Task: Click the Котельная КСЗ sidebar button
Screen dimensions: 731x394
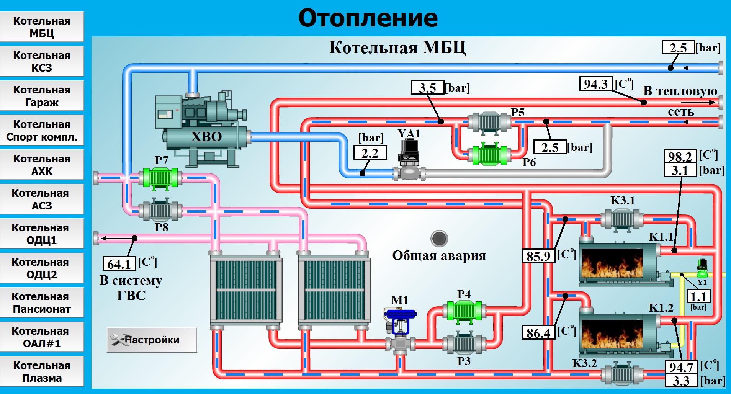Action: [x=42, y=61]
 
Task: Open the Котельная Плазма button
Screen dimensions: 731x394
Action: [x=42, y=371]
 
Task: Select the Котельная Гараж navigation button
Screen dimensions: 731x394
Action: [x=42, y=96]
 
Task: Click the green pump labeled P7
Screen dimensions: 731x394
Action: [x=160, y=178]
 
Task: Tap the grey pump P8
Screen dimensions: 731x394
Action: [x=160, y=210]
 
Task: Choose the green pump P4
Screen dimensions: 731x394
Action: [x=464, y=311]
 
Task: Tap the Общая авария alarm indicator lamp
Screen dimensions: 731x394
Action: [x=439, y=239]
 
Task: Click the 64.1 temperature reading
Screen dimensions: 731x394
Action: [x=119, y=264]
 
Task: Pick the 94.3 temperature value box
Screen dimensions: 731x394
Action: [x=596, y=84]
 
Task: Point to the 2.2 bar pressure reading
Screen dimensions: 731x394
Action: [x=370, y=153]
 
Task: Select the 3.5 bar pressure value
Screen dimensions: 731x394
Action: [x=427, y=87]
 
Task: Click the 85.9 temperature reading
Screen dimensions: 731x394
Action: [x=538, y=256]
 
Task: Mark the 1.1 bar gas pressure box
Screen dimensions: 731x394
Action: [x=698, y=296]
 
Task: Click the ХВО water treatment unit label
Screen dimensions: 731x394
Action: [x=206, y=137]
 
